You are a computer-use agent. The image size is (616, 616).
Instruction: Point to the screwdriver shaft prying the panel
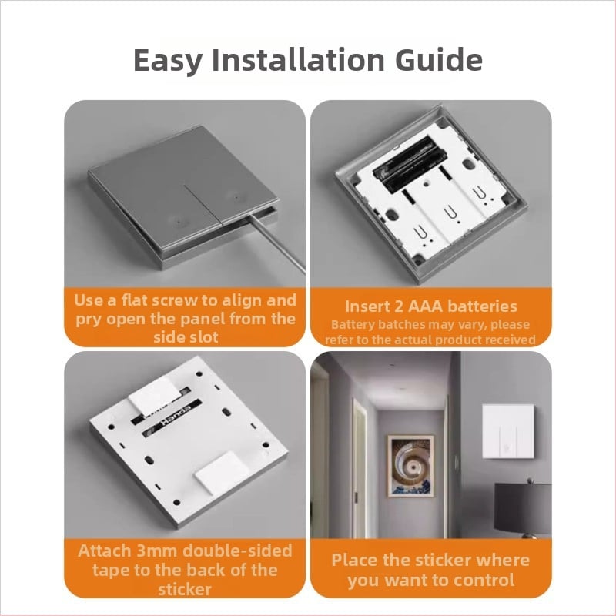[x=277, y=243]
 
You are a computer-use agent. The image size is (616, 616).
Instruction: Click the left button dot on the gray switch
[x=179, y=219]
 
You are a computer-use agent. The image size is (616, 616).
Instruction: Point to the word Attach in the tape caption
[x=105, y=551]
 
